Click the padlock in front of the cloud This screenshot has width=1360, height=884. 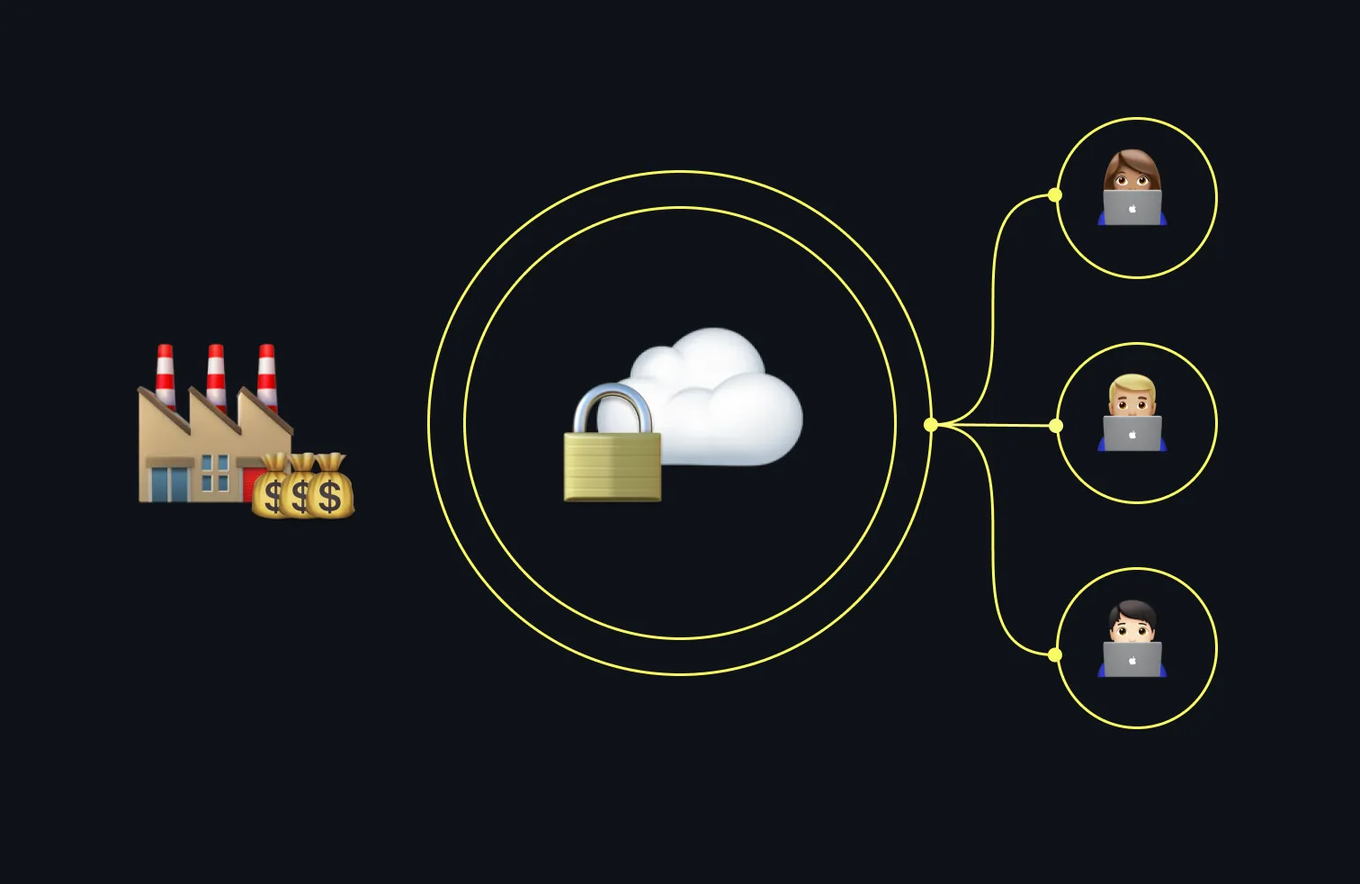[x=612, y=465]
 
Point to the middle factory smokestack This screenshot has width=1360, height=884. [x=216, y=373]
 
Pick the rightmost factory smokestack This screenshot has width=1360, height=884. [x=266, y=373]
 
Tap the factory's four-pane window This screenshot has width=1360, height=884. [x=215, y=472]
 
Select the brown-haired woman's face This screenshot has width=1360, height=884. [x=1132, y=176]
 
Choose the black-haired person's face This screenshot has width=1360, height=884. [x=1132, y=626]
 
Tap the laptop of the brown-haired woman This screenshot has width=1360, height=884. [x=1132, y=209]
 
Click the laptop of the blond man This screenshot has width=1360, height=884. [x=1132, y=434]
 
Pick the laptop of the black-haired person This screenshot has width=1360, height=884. [x=1132, y=660]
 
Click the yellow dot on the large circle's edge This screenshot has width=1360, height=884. [x=931, y=424]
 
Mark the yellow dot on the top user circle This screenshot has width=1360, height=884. [x=1055, y=194]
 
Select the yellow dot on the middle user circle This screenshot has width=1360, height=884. [x=1056, y=425]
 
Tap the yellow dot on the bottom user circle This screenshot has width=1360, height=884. [x=1055, y=654]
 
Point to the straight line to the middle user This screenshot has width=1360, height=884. [x=998, y=425]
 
